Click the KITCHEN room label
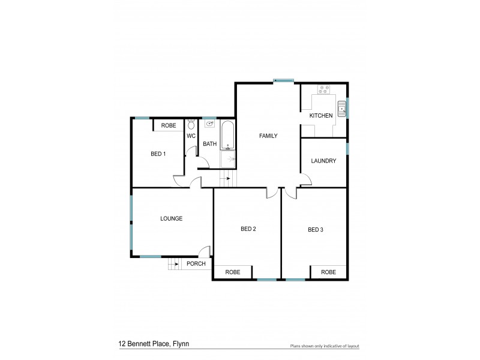(x=320, y=115)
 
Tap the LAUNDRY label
(x=323, y=161)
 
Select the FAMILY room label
(x=268, y=136)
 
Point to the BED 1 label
(x=158, y=154)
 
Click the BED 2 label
(x=248, y=229)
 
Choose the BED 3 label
(x=316, y=229)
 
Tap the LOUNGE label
(x=171, y=218)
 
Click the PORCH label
(x=196, y=263)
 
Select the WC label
(x=191, y=136)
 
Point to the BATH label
(x=209, y=144)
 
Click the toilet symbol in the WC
(x=191, y=125)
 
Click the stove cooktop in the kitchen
(x=324, y=90)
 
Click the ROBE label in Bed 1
(x=169, y=125)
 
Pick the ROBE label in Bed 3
(x=328, y=272)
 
